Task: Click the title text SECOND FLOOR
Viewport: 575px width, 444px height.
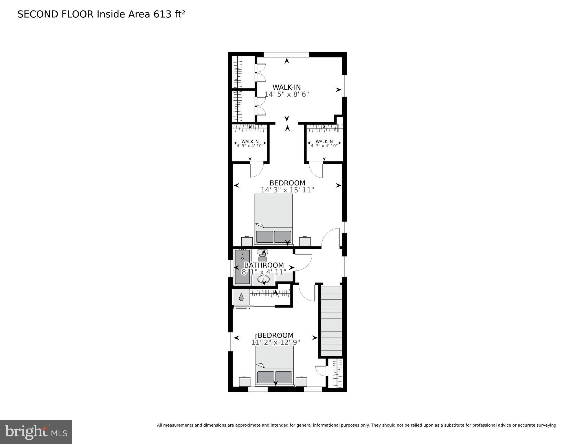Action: (x=56, y=14)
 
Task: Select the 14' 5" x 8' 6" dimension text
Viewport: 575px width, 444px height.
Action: (x=286, y=94)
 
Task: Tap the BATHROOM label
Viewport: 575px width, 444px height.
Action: (x=264, y=265)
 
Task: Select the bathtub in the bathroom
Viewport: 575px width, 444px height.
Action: (x=242, y=267)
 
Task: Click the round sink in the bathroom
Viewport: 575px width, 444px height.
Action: (x=264, y=280)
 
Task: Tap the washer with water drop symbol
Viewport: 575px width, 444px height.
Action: (x=241, y=297)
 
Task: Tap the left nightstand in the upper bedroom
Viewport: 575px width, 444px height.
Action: (x=247, y=241)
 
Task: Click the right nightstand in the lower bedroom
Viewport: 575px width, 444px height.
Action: (x=301, y=382)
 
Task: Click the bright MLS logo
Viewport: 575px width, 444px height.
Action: (x=36, y=432)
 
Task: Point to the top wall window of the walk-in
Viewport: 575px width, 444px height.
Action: (x=286, y=54)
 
